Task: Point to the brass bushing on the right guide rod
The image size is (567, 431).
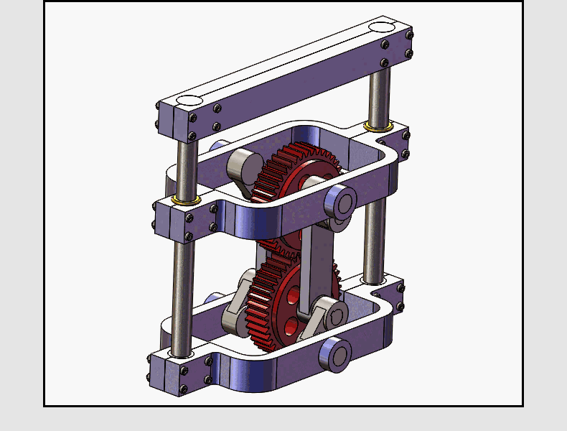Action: [377, 126]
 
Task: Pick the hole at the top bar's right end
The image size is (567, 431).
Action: [381, 27]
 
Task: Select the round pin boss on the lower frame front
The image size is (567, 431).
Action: [336, 355]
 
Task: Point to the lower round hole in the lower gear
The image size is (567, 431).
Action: [291, 328]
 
